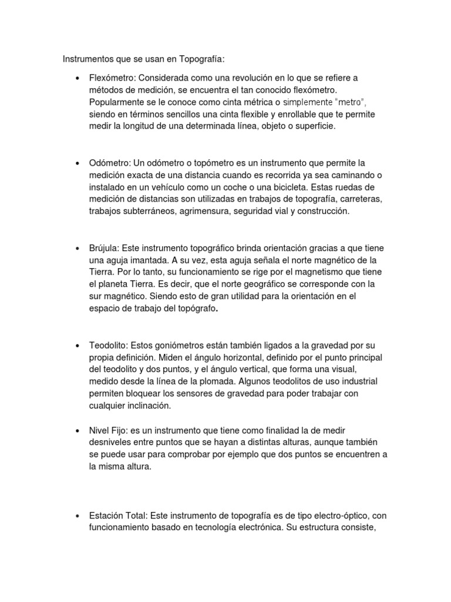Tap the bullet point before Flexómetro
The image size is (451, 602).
pos(78,78)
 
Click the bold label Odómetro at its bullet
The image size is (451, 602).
pos(110,163)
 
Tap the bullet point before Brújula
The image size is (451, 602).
pos(78,248)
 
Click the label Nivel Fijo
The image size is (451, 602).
pos(109,432)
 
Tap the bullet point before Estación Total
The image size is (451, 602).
pos(78,516)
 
